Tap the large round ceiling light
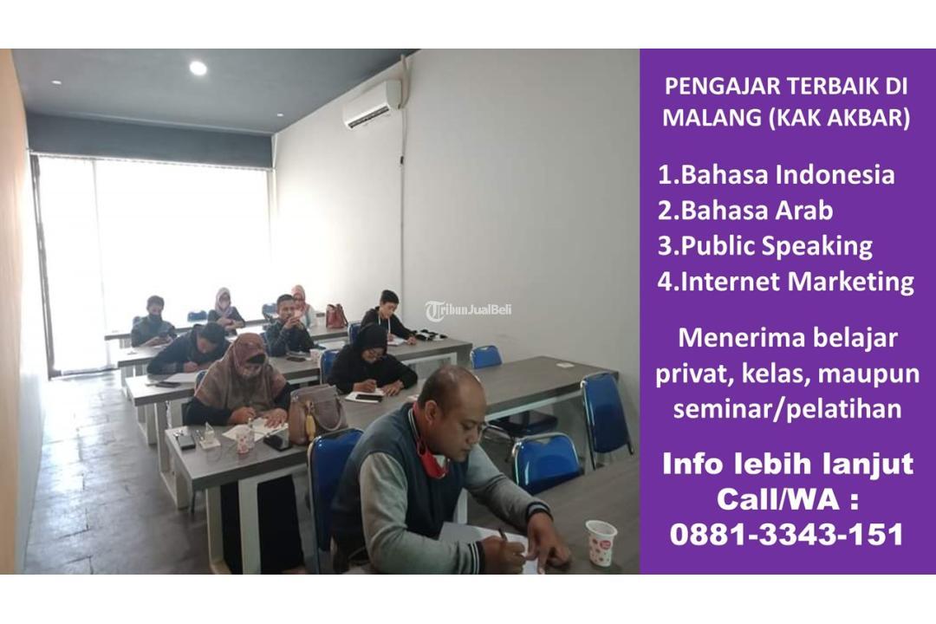(x=198, y=68)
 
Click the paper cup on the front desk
(x=601, y=543)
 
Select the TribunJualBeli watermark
(x=469, y=310)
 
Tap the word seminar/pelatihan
(x=787, y=409)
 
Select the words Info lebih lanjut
(x=787, y=465)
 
